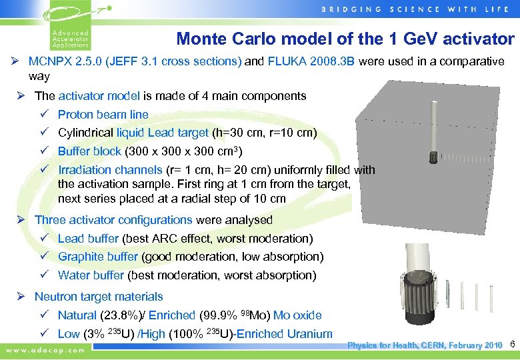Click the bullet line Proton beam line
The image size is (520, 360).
pos(103,115)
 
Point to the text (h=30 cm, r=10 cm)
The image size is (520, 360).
pos(264,133)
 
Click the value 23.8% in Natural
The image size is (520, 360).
pos(119,315)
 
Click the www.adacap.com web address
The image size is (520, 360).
pos(45,349)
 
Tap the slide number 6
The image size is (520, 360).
pos(512,345)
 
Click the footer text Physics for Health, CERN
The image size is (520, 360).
pos(399,345)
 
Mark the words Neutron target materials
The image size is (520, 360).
pos(99,297)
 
